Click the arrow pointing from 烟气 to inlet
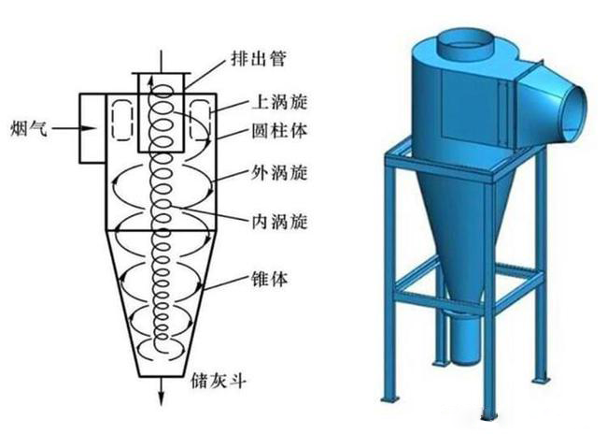tap(64, 124)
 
